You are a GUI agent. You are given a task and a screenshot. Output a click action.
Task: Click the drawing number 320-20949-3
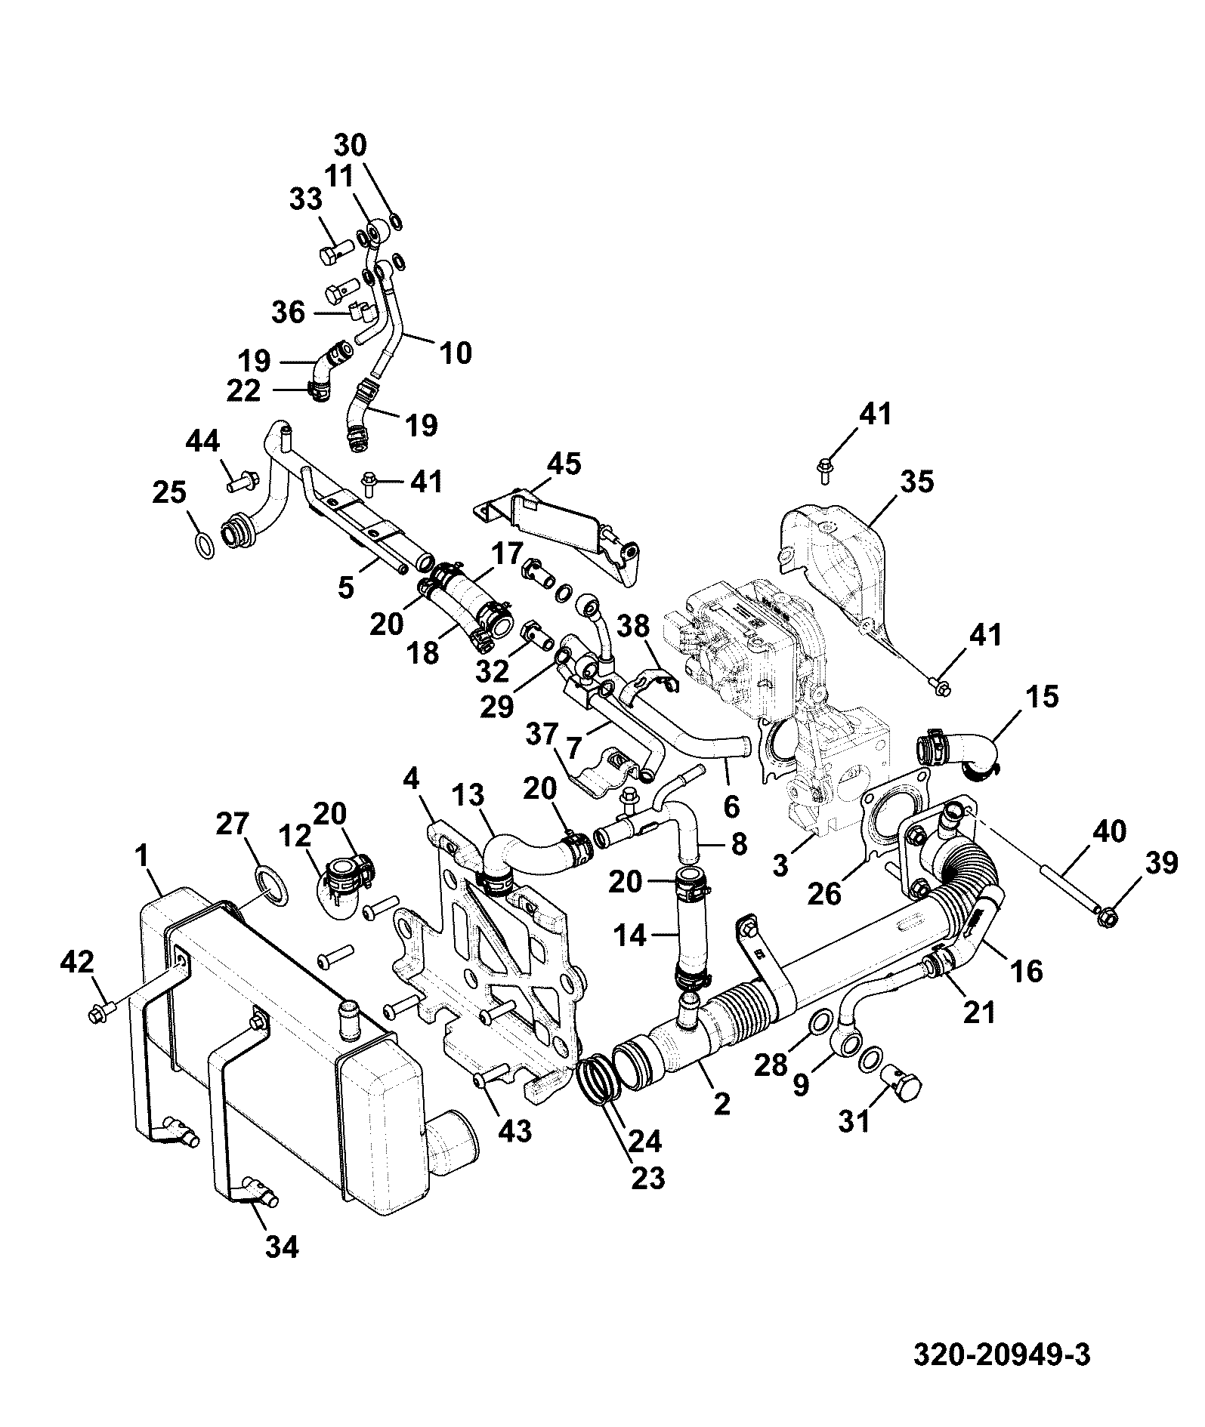point(1002,1355)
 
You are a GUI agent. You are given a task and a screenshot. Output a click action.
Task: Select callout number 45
point(564,464)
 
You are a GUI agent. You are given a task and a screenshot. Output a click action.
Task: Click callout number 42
point(78,962)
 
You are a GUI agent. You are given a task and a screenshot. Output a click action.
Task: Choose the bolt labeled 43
point(491,1076)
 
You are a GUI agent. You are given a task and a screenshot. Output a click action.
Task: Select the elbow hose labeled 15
point(957,750)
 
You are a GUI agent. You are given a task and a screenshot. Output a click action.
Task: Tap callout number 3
point(781,865)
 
